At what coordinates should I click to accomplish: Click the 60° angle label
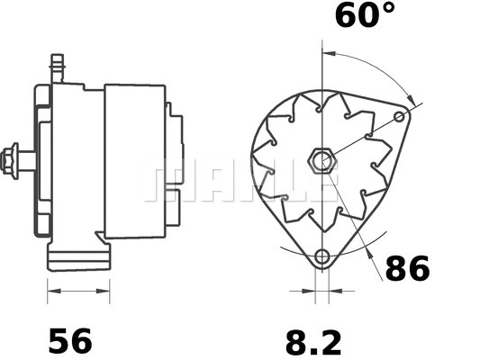(x=363, y=15)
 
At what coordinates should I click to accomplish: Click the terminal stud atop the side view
(x=55, y=66)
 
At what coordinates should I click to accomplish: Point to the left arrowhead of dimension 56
(x=51, y=291)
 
